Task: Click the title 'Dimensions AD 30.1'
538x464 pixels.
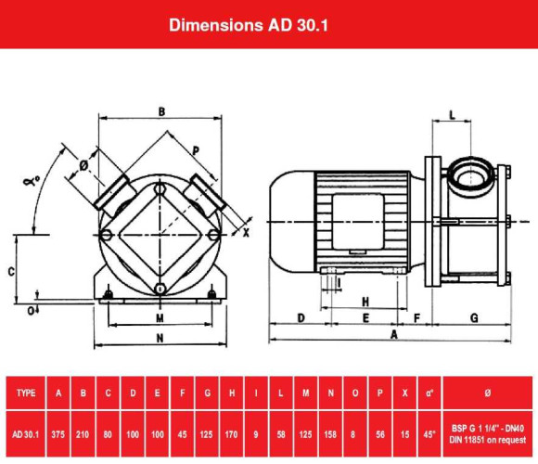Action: [248, 24]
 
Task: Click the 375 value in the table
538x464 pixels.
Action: [59, 432]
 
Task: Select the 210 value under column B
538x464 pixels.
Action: [83, 432]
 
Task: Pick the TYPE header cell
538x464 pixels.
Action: [27, 393]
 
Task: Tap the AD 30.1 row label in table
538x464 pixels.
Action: [27, 432]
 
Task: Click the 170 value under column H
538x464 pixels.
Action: [232, 432]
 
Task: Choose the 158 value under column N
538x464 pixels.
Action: [330, 432]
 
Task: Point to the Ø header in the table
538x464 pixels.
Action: [490, 393]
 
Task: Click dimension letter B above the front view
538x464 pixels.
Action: [161, 110]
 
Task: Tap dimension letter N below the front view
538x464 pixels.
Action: [160, 338]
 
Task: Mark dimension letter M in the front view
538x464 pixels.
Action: [160, 317]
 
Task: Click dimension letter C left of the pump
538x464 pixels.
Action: [10, 271]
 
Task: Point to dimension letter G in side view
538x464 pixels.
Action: [474, 317]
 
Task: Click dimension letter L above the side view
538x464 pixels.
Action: [452, 114]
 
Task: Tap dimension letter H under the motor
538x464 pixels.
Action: [365, 302]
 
